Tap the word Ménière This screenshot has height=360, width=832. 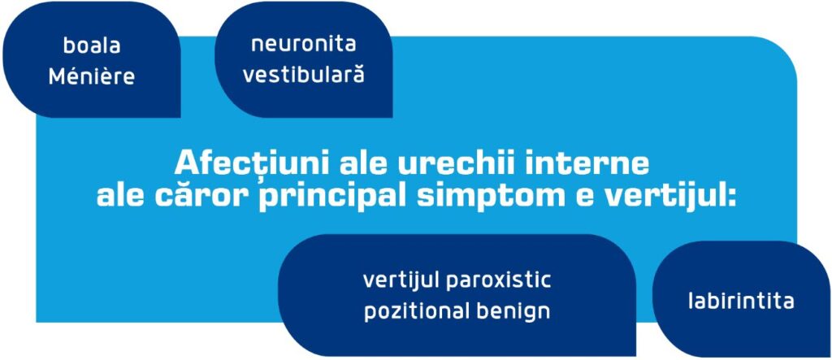[91, 77]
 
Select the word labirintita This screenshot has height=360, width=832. [740, 301]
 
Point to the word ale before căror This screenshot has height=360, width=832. [123, 196]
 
